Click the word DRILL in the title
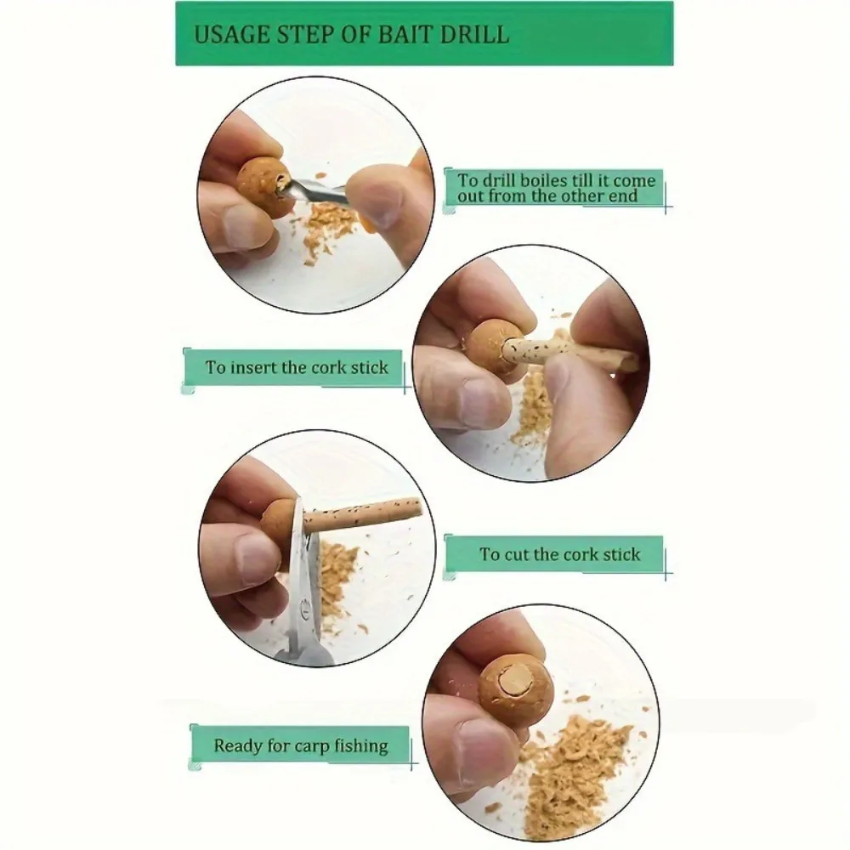[x=474, y=34]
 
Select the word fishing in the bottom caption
[x=360, y=746]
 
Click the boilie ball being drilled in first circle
[x=263, y=187]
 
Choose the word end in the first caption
[x=623, y=195]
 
